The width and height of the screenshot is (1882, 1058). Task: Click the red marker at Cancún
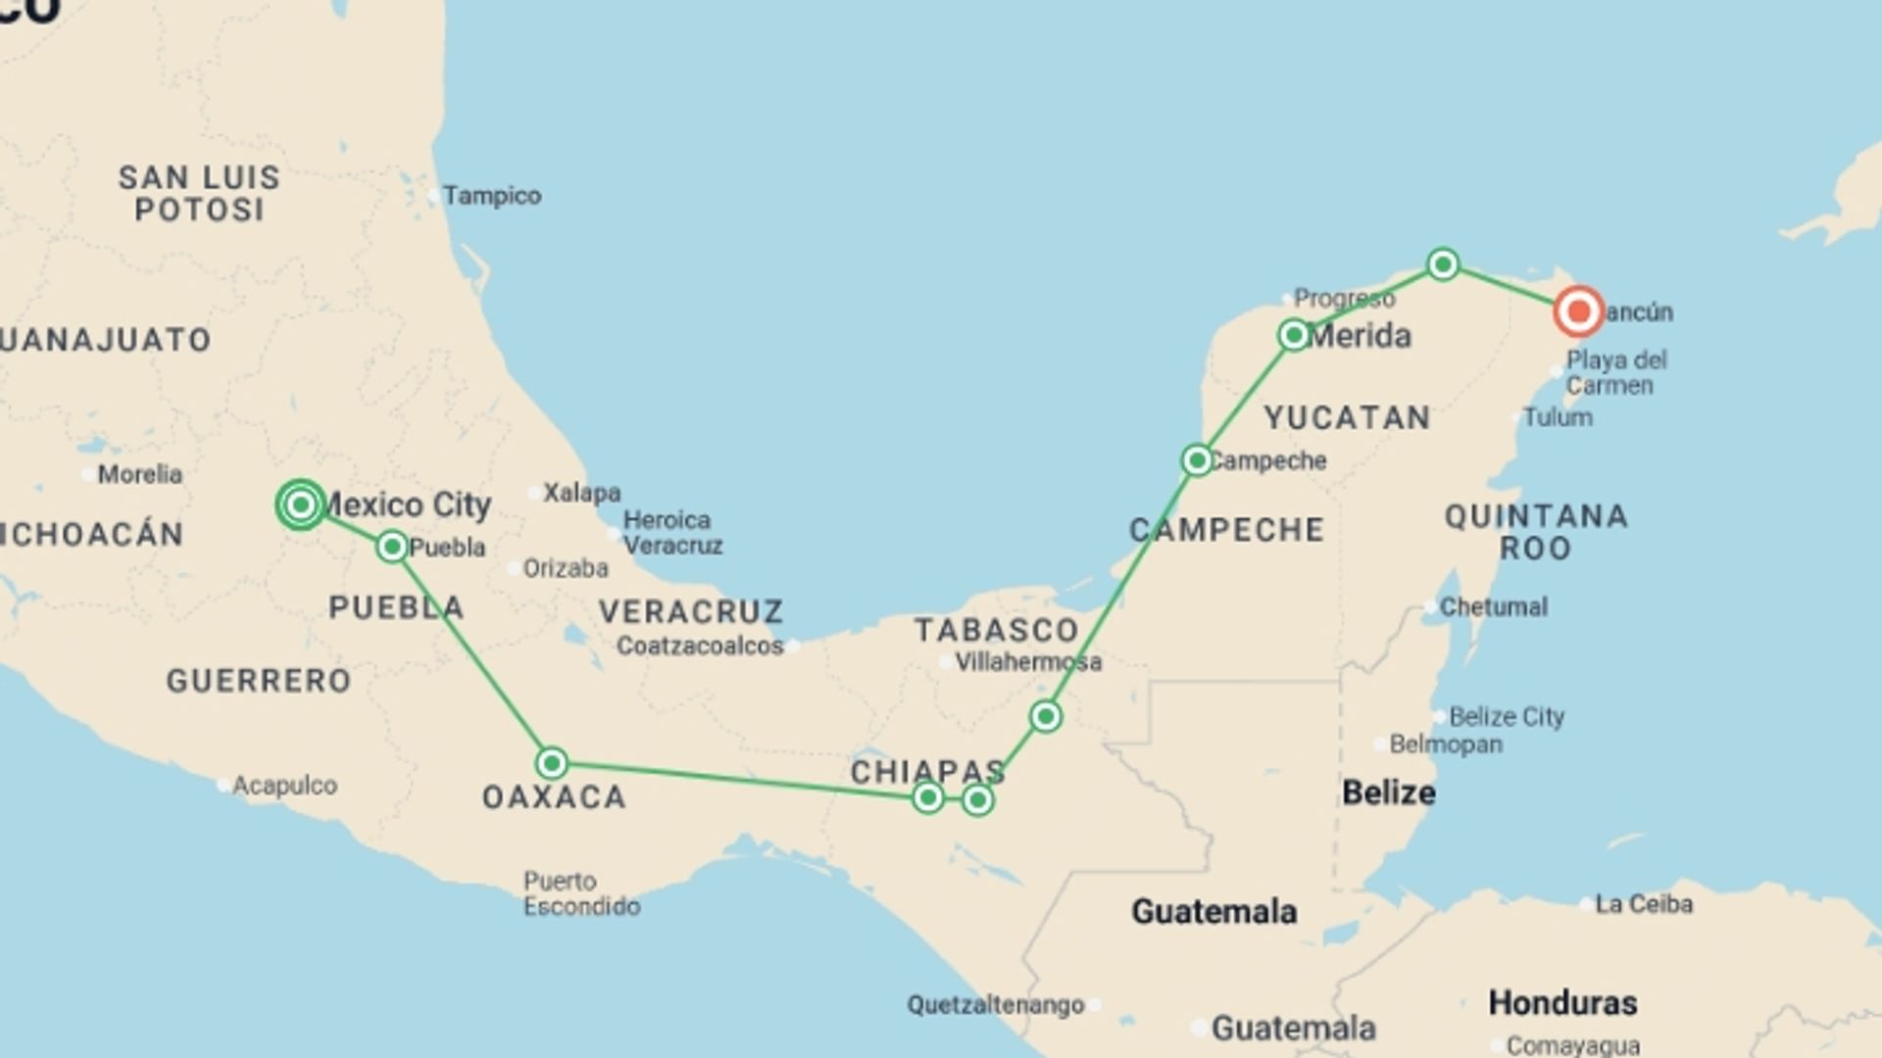[1578, 312]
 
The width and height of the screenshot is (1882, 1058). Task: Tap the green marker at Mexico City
[301, 505]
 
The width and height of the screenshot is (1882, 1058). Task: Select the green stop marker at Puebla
[392, 546]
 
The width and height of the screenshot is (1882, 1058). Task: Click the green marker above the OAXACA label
[552, 762]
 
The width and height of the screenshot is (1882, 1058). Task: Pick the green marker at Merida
[1294, 335]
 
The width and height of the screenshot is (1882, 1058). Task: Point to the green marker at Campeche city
[1197, 460]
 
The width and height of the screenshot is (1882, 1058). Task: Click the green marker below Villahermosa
[1046, 716]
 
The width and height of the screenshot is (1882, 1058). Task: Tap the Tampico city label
[491, 196]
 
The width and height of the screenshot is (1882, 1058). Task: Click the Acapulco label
[284, 786]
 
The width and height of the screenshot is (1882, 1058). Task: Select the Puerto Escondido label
[581, 893]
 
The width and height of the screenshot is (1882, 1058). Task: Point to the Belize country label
[1388, 793]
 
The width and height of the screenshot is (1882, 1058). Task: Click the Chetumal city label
[1493, 607]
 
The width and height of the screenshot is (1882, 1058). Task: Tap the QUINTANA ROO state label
[1536, 532]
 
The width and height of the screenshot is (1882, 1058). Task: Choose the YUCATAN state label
[1347, 418]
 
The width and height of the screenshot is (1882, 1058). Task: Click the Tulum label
[1557, 417]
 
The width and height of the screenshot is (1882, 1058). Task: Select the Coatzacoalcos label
[700, 647]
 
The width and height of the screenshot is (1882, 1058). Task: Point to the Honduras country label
[1562, 1003]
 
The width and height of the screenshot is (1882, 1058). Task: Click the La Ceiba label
[1644, 904]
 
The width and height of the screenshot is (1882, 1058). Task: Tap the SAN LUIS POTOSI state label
[200, 193]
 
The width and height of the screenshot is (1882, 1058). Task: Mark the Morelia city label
[139, 474]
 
